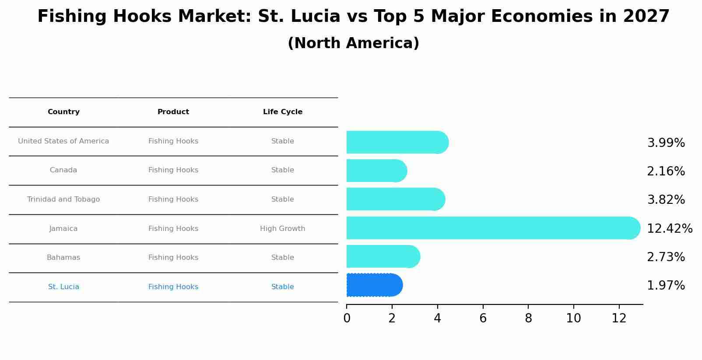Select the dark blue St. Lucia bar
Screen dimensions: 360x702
click(x=374, y=285)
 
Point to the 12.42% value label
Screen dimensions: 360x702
click(x=669, y=228)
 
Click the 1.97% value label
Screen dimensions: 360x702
click(x=666, y=286)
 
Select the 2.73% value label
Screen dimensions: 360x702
click(x=666, y=257)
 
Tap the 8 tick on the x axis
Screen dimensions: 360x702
click(x=528, y=318)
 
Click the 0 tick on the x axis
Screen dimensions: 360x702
click(x=347, y=318)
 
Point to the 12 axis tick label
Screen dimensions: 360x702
click(x=619, y=318)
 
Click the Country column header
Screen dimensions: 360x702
click(x=63, y=112)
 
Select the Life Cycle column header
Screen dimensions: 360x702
click(x=282, y=112)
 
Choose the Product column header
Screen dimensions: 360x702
click(x=173, y=112)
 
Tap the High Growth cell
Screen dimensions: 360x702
click(x=282, y=229)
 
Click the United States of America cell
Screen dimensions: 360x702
click(x=63, y=141)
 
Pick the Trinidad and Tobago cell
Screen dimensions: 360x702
click(x=63, y=199)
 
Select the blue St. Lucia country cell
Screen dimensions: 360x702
click(x=63, y=287)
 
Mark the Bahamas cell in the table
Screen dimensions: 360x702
click(x=63, y=258)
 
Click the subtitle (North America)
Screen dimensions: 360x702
click(x=353, y=43)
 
